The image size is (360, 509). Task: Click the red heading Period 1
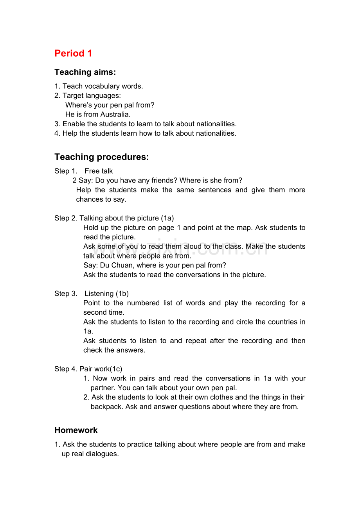[x=73, y=53]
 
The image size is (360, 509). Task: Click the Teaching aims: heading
[x=85, y=72]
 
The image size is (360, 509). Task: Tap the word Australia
[x=115, y=115]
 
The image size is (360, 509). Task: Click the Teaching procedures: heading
[x=101, y=157]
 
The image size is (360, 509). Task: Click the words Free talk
[x=99, y=171]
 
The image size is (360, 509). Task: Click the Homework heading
[x=76, y=430]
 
